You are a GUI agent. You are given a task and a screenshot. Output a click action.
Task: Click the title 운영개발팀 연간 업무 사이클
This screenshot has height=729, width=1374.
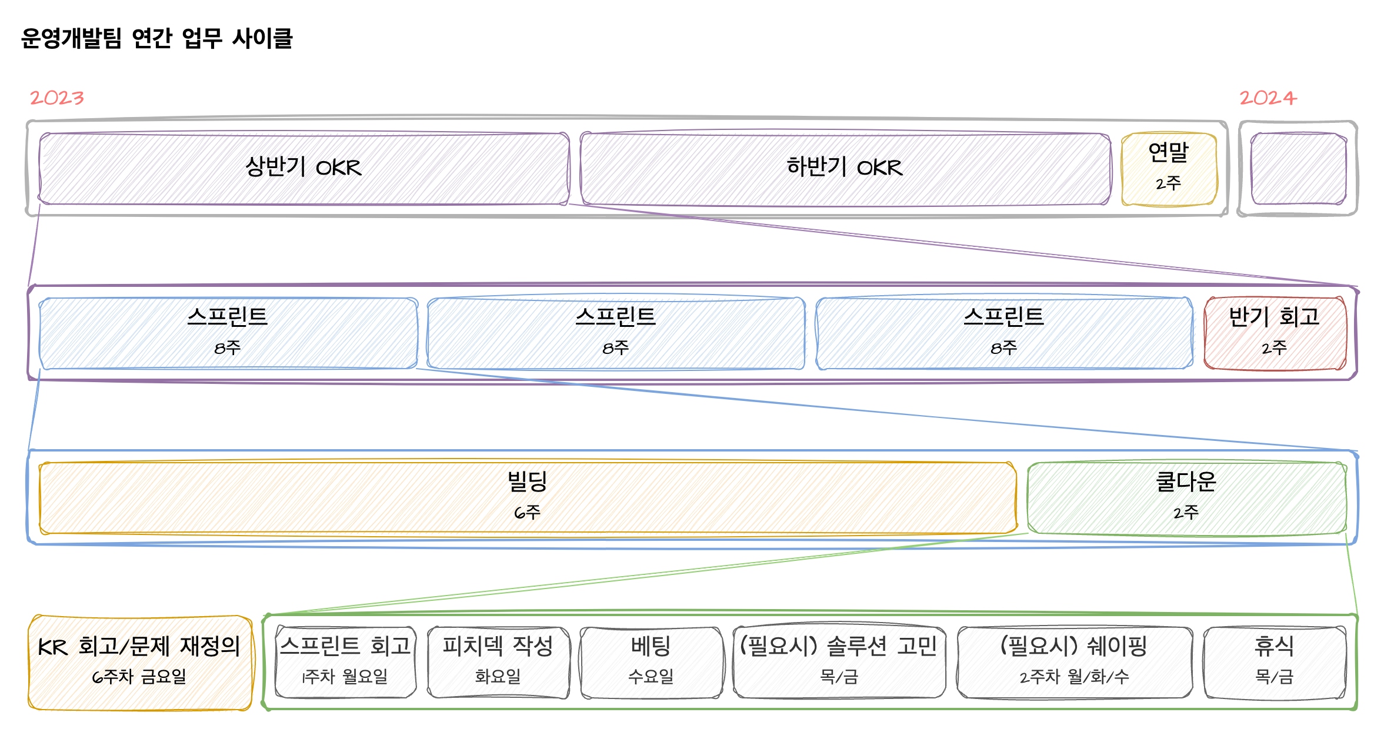(156, 39)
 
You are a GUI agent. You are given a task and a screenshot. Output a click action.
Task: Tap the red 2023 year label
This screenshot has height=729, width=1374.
(57, 98)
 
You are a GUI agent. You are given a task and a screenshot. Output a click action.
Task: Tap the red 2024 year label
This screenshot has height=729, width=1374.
(1268, 98)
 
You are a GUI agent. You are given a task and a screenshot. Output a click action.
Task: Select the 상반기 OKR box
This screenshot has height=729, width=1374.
(304, 169)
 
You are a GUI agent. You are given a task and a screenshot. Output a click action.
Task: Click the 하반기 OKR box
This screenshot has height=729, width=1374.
(845, 169)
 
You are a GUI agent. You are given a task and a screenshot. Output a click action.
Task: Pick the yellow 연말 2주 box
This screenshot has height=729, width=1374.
(1169, 169)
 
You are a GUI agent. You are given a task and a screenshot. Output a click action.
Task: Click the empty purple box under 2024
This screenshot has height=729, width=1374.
(1298, 169)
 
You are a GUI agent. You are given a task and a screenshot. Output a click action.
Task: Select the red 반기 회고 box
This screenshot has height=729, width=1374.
(1275, 333)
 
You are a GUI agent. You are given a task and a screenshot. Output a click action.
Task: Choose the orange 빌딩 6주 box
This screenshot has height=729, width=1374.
(527, 498)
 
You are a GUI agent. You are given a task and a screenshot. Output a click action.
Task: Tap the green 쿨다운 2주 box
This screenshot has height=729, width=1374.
(1186, 498)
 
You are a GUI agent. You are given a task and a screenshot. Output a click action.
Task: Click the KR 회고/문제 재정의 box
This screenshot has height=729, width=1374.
(139, 663)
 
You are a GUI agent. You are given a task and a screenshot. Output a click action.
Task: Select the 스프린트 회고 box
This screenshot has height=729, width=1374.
(345, 663)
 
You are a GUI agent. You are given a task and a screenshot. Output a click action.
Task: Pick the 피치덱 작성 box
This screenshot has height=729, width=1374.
(498, 663)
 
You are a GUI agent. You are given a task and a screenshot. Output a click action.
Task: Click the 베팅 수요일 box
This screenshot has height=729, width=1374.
(651, 663)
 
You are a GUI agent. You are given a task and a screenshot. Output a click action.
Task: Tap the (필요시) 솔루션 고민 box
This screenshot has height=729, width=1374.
(839, 663)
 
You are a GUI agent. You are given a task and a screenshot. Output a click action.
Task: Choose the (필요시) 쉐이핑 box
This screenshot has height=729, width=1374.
(1075, 663)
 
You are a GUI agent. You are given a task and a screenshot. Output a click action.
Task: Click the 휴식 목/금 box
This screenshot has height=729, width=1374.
(1275, 663)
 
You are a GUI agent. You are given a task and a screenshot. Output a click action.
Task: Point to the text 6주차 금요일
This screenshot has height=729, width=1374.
(139, 677)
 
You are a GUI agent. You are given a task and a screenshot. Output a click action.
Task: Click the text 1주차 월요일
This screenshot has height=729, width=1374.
(345, 677)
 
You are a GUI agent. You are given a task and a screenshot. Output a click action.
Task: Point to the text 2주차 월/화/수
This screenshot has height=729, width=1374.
(1075, 677)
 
